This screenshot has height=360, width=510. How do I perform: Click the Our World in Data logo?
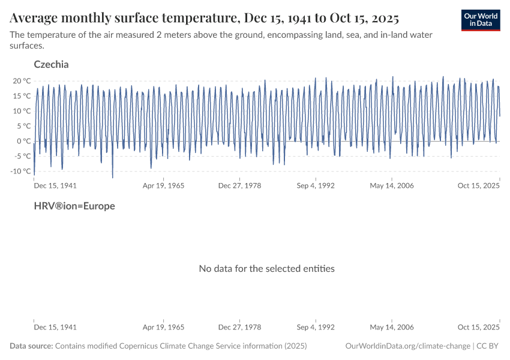pyautogui.click(x=480, y=20)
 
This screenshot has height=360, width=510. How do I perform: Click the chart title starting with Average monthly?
pyautogui.click(x=204, y=16)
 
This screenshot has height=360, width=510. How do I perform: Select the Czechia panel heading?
pyautogui.click(x=51, y=64)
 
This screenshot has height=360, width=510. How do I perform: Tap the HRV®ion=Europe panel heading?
pyautogui.click(x=74, y=206)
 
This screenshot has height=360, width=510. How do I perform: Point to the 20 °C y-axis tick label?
pyautogui.click(x=22, y=81)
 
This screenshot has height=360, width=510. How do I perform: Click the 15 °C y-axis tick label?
pyautogui.click(x=22, y=96)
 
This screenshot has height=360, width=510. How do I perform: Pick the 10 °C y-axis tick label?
pyautogui.click(x=22, y=111)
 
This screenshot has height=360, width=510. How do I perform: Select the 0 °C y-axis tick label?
pyautogui.click(x=23, y=141)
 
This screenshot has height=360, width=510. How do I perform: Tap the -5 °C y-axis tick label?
pyautogui.click(x=22, y=156)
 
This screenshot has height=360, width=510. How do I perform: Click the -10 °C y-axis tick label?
pyautogui.click(x=20, y=171)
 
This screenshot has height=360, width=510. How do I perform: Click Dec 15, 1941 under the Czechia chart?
pyautogui.click(x=55, y=186)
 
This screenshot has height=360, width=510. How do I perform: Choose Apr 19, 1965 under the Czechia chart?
pyautogui.click(x=163, y=186)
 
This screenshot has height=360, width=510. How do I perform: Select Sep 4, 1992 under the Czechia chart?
pyautogui.click(x=316, y=186)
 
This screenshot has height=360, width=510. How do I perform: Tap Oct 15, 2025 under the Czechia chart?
pyautogui.click(x=479, y=186)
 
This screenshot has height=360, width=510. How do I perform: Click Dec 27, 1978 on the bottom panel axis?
pyautogui.click(x=239, y=328)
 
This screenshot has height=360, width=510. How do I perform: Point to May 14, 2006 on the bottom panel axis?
pyautogui.click(x=392, y=328)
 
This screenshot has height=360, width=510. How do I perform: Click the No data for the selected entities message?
pyautogui.click(x=266, y=268)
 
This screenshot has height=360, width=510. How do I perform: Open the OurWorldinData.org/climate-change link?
pyautogui.click(x=407, y=346)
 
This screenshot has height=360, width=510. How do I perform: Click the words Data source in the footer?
pyautogui.click(x=31, y=346)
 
